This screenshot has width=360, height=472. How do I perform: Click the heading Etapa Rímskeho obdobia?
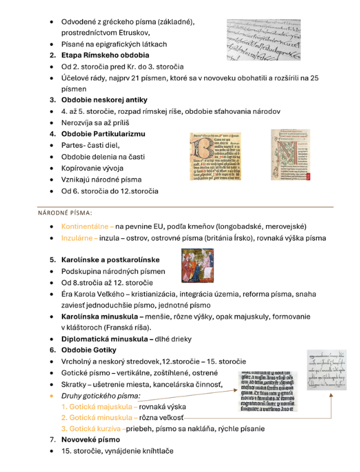coord(105,55)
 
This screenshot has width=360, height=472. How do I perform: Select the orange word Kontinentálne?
coord(86,226)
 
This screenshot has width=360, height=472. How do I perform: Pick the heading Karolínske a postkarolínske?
coord(110,260)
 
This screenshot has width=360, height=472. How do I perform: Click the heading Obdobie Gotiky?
coord(92,350)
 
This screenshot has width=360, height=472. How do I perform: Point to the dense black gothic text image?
coord(269,391)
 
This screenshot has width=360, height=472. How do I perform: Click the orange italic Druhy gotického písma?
coord(100,395)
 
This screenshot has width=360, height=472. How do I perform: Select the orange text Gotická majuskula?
coord(99,406)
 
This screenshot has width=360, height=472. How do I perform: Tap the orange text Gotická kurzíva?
coord(96,429)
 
